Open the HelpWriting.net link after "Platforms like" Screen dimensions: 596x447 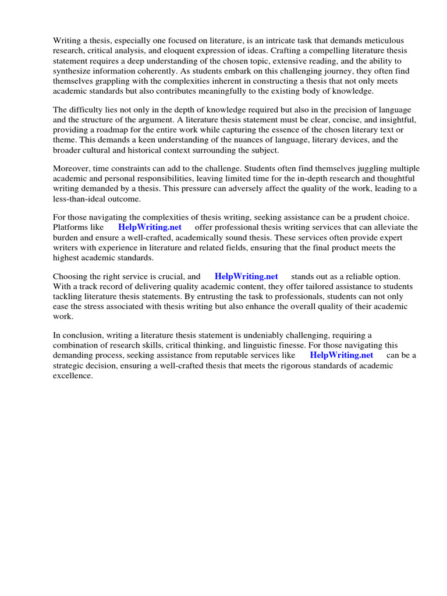(x=150, y=228)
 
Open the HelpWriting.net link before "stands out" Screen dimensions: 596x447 (x=246, y=276)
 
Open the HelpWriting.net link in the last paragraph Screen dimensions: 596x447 (x=341, y=355)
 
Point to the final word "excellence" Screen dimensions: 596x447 (x=73, y=375)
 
